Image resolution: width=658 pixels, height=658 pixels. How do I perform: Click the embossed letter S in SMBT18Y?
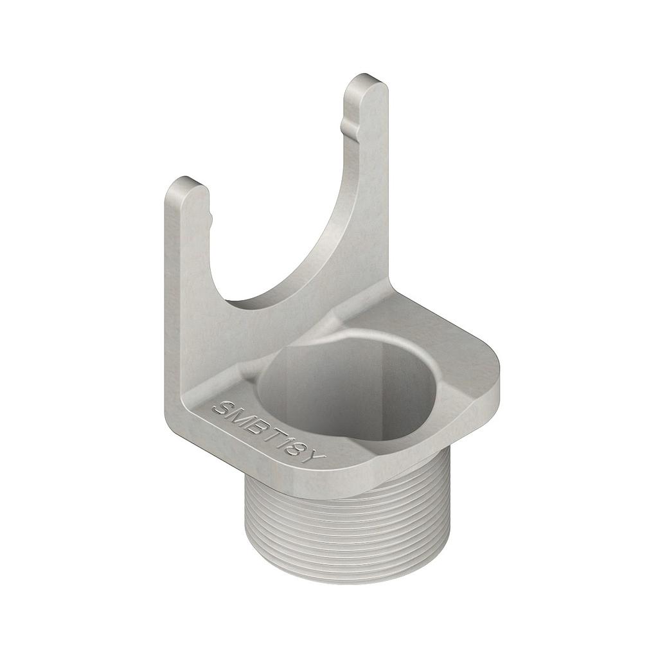click(224, 408)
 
